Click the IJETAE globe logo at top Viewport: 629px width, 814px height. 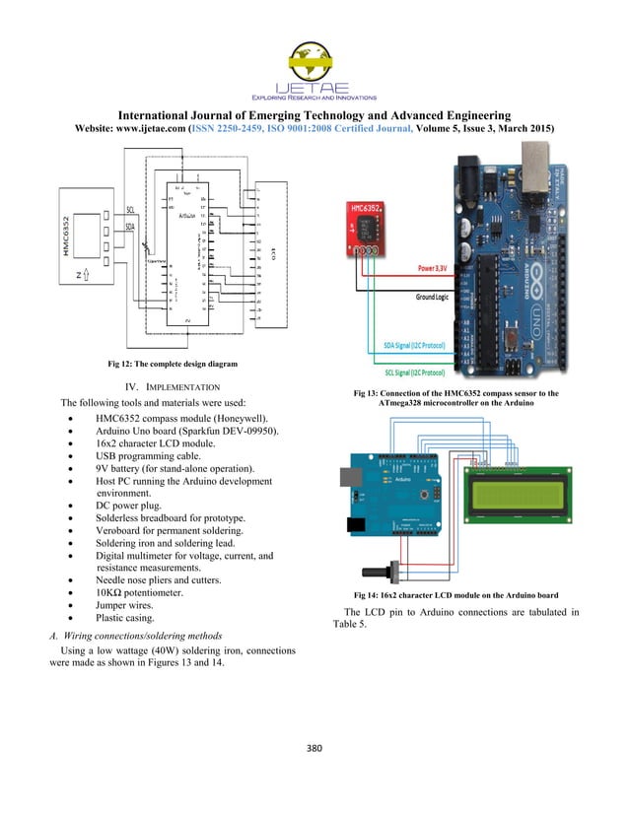pos(314,61)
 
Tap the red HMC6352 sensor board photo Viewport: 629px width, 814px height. pos(371,228)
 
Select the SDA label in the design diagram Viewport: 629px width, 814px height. pos(130,226)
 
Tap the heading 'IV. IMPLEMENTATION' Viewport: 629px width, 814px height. pos(175,386)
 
